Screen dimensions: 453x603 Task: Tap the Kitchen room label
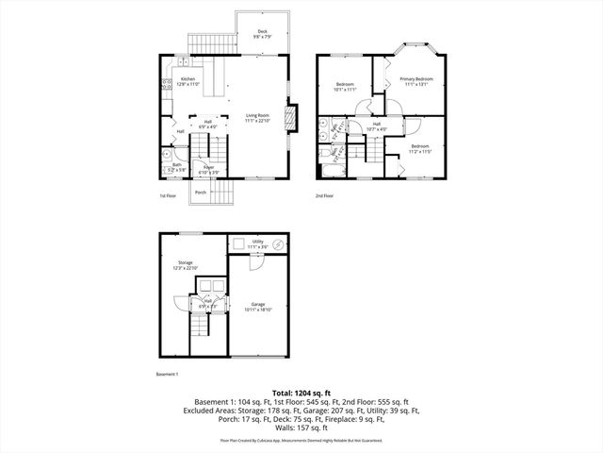coord(187,81)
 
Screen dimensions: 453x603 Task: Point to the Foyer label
coord(208,170)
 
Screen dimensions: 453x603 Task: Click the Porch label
coord(200,193)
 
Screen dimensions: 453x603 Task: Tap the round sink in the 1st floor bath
coord(166,152)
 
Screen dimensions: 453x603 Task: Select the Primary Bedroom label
coord(416,81)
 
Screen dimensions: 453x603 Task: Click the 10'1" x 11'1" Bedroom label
coord(345,87)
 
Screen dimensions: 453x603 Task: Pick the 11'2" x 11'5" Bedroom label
coord(419,148)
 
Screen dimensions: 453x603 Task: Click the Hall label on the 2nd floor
coord(376,126)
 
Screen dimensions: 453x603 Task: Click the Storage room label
coord(184,266)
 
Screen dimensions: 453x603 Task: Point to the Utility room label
coord(257,243)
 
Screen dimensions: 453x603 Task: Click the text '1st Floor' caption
coord(168,196)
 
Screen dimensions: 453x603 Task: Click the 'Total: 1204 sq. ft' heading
coord(301,392)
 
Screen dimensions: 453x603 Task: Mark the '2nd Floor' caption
coord(325,196)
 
